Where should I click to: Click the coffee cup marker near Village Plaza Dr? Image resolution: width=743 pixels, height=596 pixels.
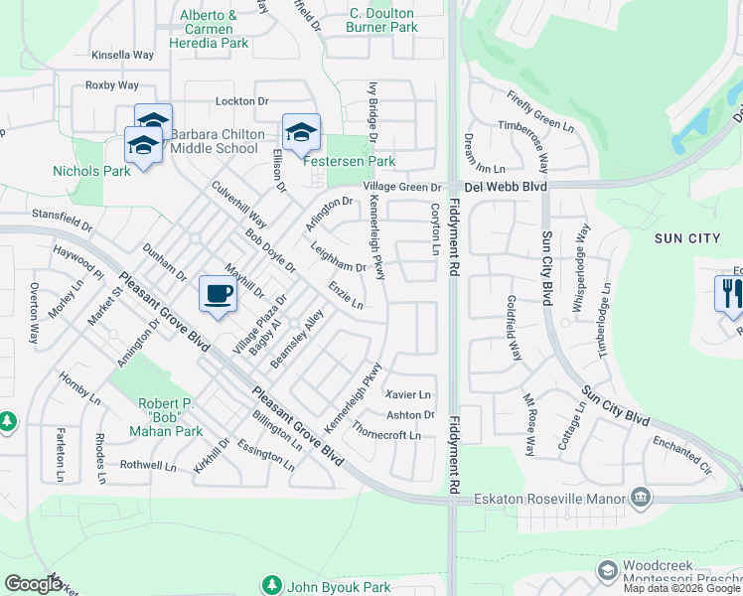tap(218, 293)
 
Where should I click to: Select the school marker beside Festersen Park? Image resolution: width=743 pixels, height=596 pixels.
tap(301, 130)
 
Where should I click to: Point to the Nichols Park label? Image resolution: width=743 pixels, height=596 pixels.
tap(91, 171)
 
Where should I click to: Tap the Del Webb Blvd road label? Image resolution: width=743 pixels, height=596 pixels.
tap(508, 186)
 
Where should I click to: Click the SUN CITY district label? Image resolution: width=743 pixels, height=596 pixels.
tap(687, 237)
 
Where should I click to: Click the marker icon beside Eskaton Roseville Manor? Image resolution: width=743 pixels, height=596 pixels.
tap(641, 496)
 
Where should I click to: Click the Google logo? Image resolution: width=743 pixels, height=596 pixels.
tap(33, 583)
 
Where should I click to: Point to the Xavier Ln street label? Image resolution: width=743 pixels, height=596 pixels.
tap(408, 394)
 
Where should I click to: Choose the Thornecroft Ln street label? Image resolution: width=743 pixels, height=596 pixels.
tap(386, 435)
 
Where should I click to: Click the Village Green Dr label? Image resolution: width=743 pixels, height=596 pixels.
tap(401, 187)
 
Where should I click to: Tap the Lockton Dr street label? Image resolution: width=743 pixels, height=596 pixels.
tap(242, 101)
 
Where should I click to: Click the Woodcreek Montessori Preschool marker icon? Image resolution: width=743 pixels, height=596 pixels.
tap(607, 571)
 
